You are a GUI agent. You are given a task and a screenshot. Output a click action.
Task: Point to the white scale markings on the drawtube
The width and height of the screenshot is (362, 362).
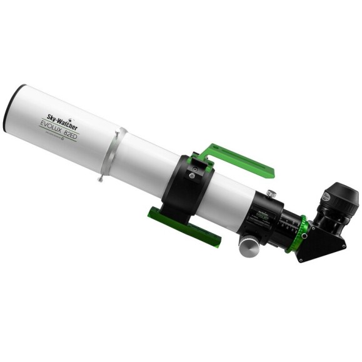click(x=288, y=223)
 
